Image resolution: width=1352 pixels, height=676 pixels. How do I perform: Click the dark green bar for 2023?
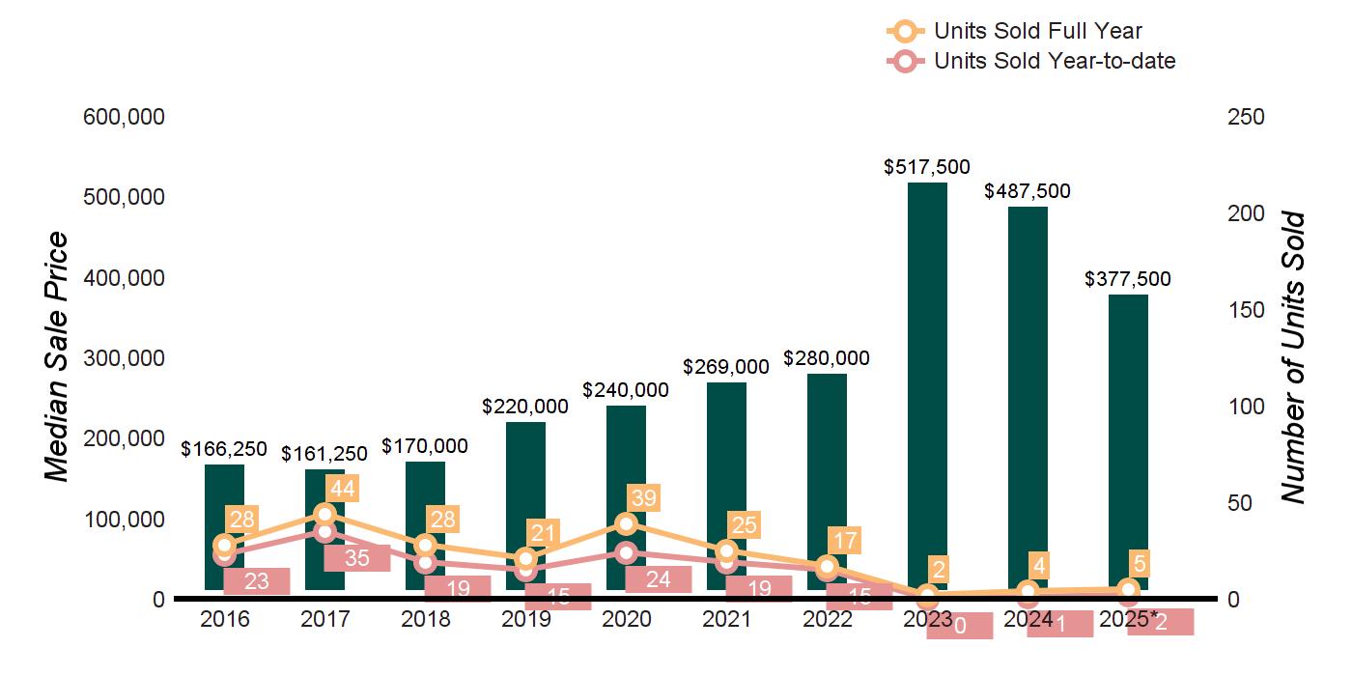point(927,386)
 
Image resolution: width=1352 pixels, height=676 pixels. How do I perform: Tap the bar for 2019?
point(525,483)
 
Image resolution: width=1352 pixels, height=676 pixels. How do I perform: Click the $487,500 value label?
point(1028,191)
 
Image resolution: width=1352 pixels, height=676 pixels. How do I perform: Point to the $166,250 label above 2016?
point(224,449)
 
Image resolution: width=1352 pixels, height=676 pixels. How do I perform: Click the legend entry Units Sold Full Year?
point(1037,31)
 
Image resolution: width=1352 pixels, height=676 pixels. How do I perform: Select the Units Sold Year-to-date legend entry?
point(1054,61)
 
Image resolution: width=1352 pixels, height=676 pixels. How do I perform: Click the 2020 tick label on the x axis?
point(626,619)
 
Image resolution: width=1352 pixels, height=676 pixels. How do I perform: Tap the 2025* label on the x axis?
point(1128,619)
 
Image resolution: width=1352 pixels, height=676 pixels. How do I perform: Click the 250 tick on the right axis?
point(1245,117)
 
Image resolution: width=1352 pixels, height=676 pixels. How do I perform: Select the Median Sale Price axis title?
point(58,357)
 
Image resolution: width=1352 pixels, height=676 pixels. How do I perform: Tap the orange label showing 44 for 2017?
point(342,489)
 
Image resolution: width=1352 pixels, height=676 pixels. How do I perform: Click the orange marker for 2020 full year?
point(626,523)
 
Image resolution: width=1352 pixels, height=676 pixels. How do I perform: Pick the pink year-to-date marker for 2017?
point(324,531)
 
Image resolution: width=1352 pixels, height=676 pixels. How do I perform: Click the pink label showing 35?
point(356,557)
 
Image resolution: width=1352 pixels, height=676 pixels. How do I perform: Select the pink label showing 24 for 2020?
point(658,579)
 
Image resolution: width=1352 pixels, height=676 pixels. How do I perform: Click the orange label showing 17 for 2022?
point(844,540)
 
